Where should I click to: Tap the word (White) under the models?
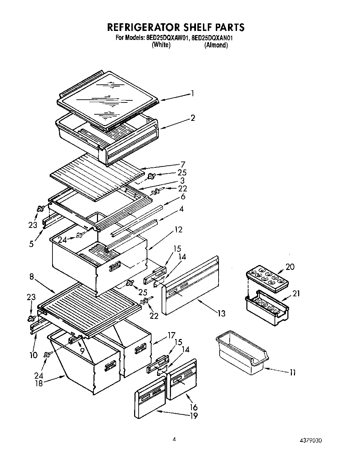pyautogui.click(x=161, y=45)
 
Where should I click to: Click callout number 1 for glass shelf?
pyautogui.click(x=192, y=93)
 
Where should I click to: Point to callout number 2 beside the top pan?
pyautogui.click(x=193, y=117)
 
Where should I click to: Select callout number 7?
pyautogui.click(x=183, y=164)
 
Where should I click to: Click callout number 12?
pyautogui.click(x=178, y=230)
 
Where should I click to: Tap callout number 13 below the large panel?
pyautogui.click(x=221, y=313)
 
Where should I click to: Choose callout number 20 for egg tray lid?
pyautogui.click(x=289, y=267)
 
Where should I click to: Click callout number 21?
pyautogui.click(x=296, y=294)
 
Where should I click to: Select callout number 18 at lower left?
pyautogui.click(x=39, y=383)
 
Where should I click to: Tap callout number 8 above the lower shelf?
pyautogui.click(x=32, y=277)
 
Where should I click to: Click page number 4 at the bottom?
pyautogui.click(x=175, y=439)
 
